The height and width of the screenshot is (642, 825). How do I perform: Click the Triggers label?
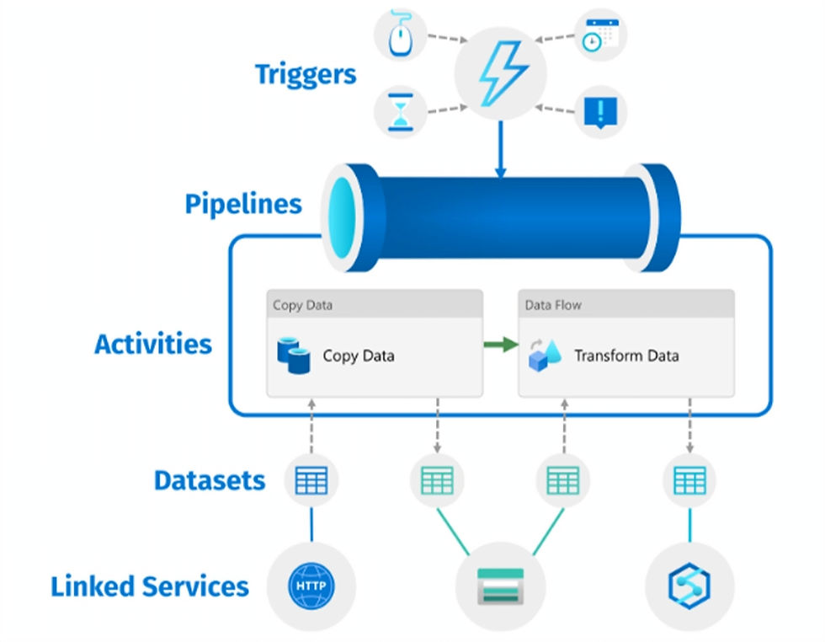coord(306,74)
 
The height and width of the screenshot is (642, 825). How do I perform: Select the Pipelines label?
coord(243,204)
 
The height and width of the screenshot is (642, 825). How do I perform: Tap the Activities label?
coord(153,344)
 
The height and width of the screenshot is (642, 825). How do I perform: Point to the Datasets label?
coord(210,480)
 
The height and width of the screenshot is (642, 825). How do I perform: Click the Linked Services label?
coord(150,586)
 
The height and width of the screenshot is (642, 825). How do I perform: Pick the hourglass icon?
coord(401,112)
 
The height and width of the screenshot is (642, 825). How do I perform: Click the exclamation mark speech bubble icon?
coord(601,112)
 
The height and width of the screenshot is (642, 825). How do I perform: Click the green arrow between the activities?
coord(501,344)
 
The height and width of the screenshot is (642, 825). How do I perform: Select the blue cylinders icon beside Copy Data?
coord(294,356)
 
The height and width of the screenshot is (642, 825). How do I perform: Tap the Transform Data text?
coord(626,356)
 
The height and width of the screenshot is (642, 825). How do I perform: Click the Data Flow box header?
coord(625,304)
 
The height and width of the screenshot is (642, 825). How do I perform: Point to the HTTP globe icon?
coord(311,585)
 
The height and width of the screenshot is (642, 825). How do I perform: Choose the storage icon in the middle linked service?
coord(500,585)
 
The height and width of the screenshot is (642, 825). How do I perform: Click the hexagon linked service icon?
coord(689,585)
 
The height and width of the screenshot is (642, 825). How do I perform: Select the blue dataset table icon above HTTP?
coord(311,480)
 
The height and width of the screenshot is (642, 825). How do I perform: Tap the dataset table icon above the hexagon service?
coord(689,480)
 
